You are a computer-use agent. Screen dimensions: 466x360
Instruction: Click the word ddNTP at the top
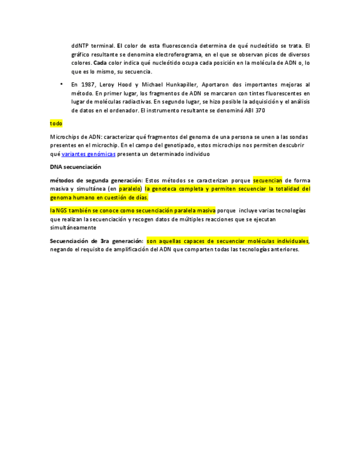tap(80, 45)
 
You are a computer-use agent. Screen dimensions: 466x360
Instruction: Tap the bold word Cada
tap(100, 63)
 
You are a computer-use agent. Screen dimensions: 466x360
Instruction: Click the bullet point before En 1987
tap(62, 85)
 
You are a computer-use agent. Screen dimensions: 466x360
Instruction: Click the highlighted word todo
tap(56, 124)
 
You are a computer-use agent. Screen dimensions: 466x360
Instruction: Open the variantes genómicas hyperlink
tap(88, 154)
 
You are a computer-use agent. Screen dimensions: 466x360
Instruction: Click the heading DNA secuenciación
tap(75, 167)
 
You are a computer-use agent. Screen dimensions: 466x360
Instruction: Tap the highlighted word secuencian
tap(268, 180)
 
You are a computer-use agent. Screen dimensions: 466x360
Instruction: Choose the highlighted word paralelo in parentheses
tap(130, 188)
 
